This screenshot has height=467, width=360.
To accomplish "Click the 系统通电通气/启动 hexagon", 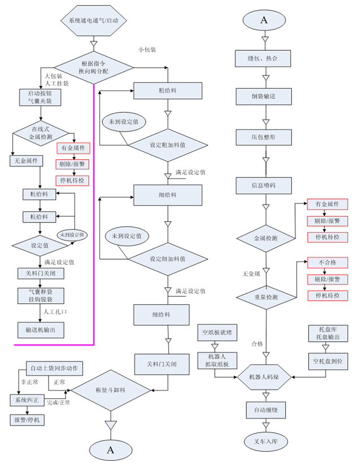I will (x=94, y=20).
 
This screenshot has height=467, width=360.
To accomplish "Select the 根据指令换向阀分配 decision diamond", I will (x=94, y=68).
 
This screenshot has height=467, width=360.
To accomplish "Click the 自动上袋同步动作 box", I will (x=55, y=369).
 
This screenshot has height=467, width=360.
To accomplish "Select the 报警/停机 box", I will (x=26, y=420).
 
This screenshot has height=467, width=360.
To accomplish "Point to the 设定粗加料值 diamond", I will (x=167, y=144).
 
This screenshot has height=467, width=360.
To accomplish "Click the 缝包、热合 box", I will (x=263, y=58).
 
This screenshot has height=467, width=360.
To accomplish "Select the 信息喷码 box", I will (x=263, y=185).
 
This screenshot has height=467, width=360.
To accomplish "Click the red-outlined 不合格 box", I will (x=327, y=263).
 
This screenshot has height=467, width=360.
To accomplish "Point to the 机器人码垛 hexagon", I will (x=263, y=377).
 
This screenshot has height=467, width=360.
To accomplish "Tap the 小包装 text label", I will (x=147, y=49).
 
